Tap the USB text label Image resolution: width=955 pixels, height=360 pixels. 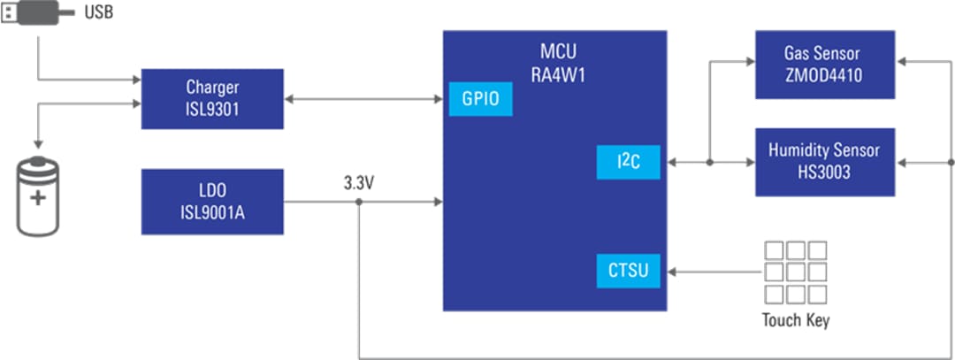point(98,13)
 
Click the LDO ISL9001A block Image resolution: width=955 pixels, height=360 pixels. point(212,203)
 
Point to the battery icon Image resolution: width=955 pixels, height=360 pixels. point(37,197)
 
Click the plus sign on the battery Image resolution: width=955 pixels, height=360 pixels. point(37,197)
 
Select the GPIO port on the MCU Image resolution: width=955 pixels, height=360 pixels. point(480,98)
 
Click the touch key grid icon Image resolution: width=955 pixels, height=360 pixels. point(794,272)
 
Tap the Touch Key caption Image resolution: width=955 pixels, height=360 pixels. point(795,320)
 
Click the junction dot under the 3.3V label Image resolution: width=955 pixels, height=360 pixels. point(358,203)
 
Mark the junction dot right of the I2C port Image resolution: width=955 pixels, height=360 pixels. point(710,163)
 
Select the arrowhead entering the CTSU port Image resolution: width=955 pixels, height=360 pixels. point(670,271)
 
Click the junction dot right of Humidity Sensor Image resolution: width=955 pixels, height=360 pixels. point(951,163)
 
